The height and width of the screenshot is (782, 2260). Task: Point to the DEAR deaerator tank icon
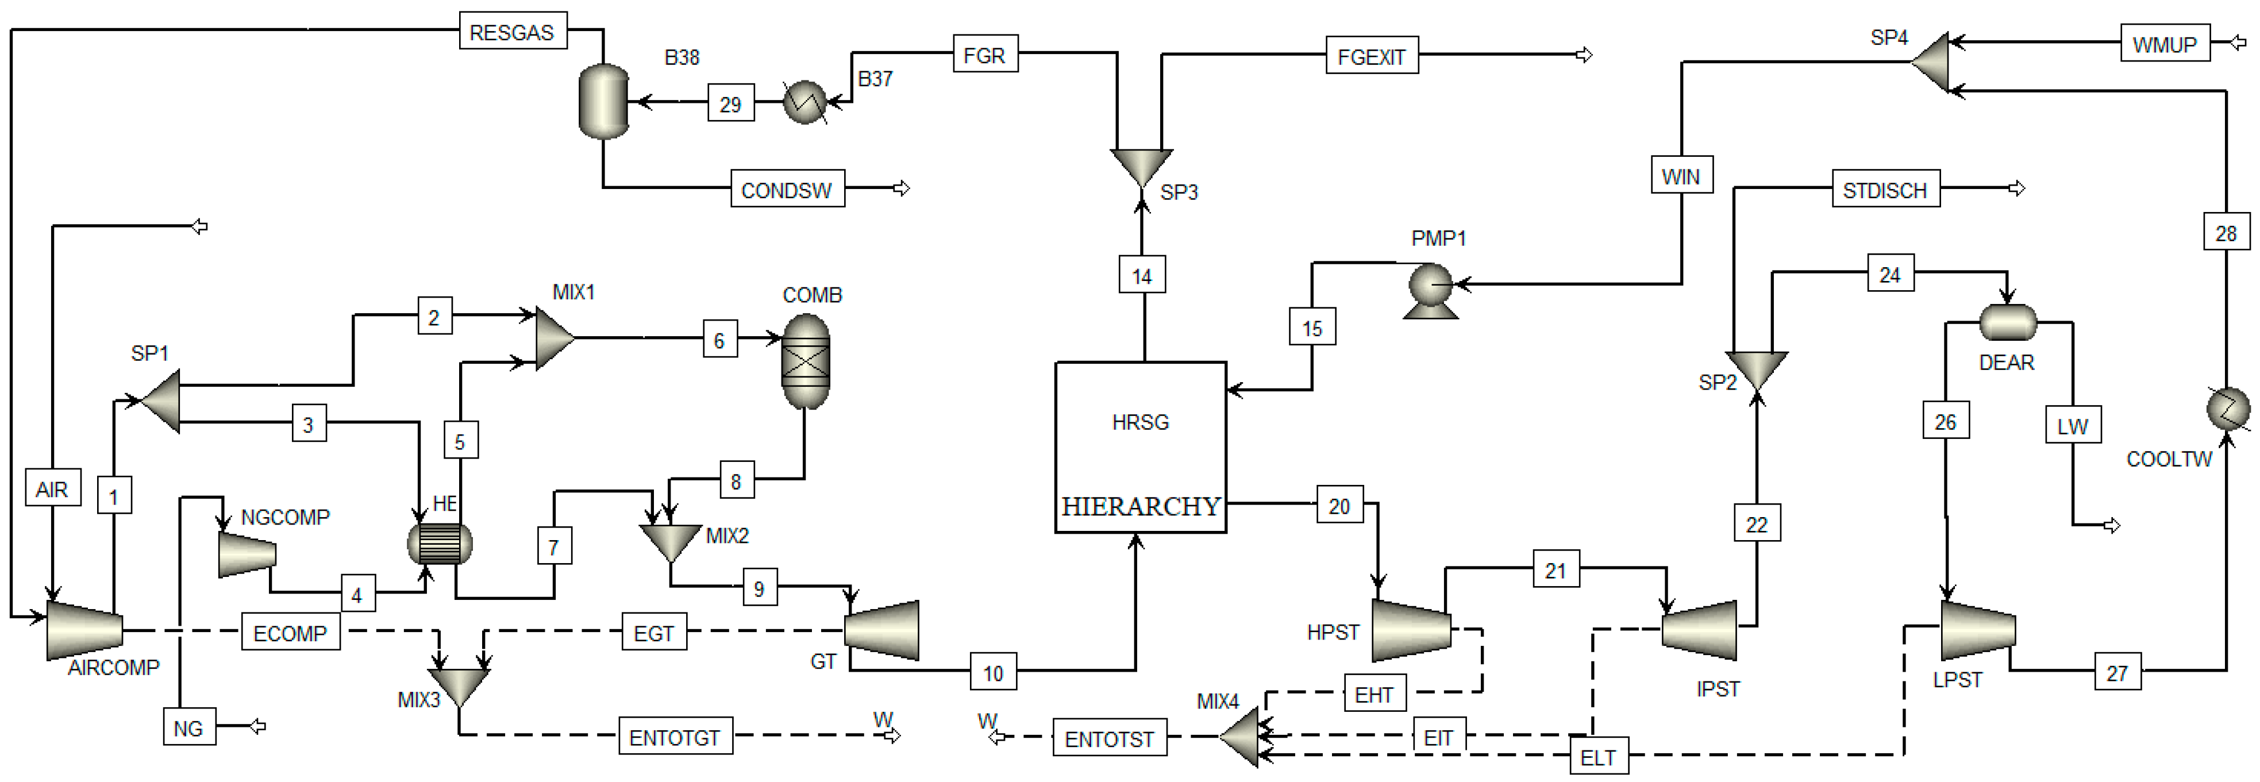click(2007, 322)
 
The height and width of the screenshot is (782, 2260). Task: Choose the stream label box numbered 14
click(1141, 276)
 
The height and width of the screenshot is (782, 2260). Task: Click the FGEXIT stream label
click(1371, 56)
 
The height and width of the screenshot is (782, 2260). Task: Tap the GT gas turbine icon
click(881, 629)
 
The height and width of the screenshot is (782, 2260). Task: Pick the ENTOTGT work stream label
click(675, 737)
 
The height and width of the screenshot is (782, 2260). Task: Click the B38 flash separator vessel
click(603, 101)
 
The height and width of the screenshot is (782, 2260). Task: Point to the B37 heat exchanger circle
click(804, 102)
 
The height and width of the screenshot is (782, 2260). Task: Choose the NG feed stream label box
click(188, 727)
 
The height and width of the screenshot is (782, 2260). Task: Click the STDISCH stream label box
click(1885, 190)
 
